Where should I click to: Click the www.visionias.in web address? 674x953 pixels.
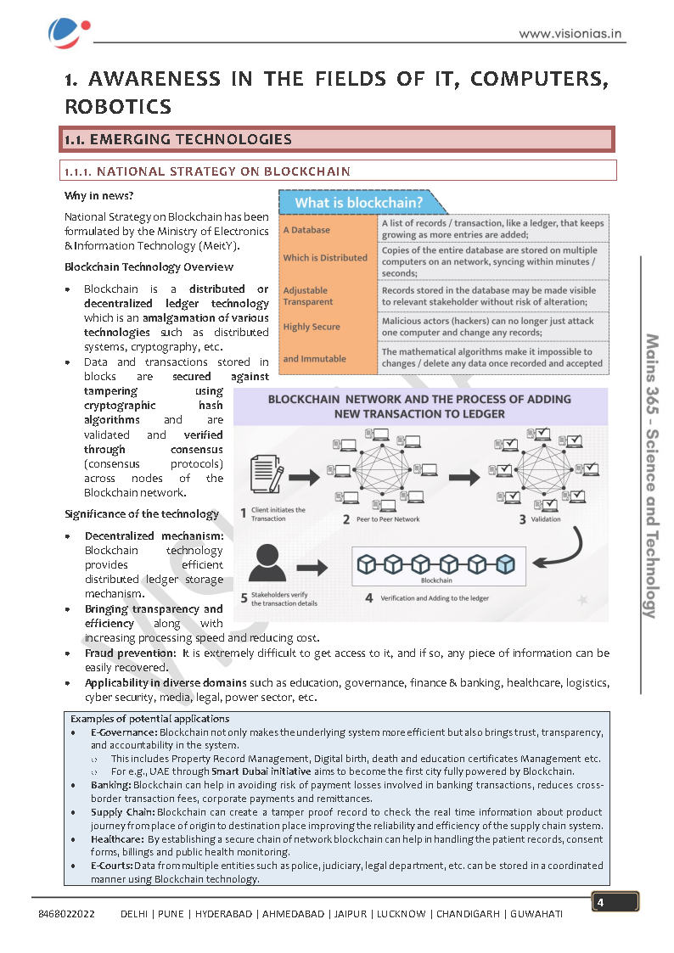pyautogui.click(x=571, y=34)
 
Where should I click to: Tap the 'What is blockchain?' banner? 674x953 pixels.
pyautogui.click(x=359, y=203)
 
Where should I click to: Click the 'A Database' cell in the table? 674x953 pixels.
pyautogui.click(x=307, y=230)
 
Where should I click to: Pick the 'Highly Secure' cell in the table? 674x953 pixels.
pyautogui.click(x=312, y=327)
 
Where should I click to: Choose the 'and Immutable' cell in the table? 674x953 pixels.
pyautogui.click(x=315, y=359)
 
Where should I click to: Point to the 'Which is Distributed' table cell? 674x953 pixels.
pyautogui.click(x=325, y=258)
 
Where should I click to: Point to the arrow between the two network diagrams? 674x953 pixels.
pyautogui.click(x=463, y=477)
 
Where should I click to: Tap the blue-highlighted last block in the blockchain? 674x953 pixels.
pyautogui.click(x=506, y=563)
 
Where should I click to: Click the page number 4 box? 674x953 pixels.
pyautogui.click(x=615, y=902)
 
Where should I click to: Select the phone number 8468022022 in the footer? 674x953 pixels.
pyautogui.click(x=66, y=915)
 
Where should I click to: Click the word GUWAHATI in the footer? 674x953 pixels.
pyautogui.click(x=536, y=915)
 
